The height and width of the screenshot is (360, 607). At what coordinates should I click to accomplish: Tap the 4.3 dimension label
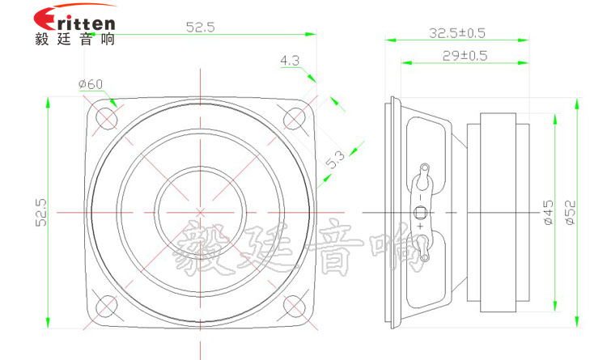pyautogui.click(x=289, y=60)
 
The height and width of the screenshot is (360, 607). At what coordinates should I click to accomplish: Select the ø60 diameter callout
pyautogui.click(x=90, y=84)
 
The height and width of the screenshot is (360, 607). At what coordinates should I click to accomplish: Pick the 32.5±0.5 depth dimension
pyautogui.click(x=456, y=33)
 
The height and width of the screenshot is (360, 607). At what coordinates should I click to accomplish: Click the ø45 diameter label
pyautogui.click(x=547, y=211)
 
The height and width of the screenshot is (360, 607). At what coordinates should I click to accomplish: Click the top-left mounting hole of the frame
pyautogui.click(x=106, y=118)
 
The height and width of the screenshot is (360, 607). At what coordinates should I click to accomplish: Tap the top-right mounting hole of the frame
pyautogui.click(x=293, y=118)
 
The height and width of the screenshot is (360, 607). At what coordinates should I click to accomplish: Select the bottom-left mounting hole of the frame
pyautogui.click(x=106, y=305)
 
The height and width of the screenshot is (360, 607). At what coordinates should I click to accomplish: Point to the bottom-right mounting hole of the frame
pyautogui.click(x=293, y=305)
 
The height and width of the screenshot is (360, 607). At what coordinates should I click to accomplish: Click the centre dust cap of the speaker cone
pyautogui.click(x=199, y=211)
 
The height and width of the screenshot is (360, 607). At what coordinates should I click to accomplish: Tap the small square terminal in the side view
pyautogui.click(x=420, y=213)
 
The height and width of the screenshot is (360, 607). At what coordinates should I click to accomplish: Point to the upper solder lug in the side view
pyautogui.click(x=423, y=173)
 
